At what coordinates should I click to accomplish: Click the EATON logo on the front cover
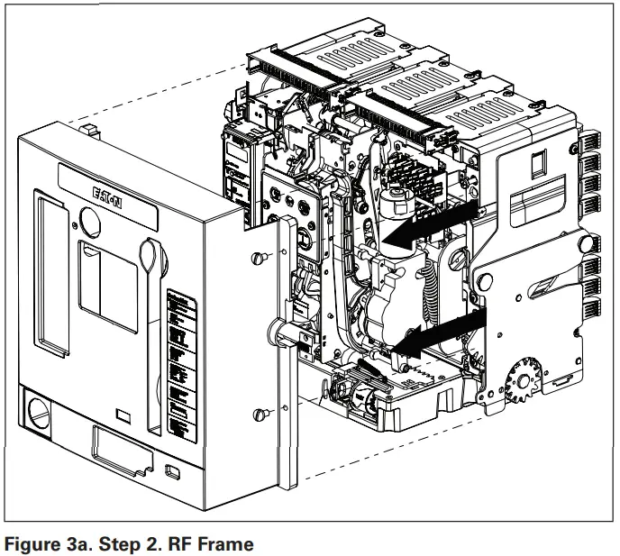[107, 196]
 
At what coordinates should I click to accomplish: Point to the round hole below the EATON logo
[92, 219]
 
